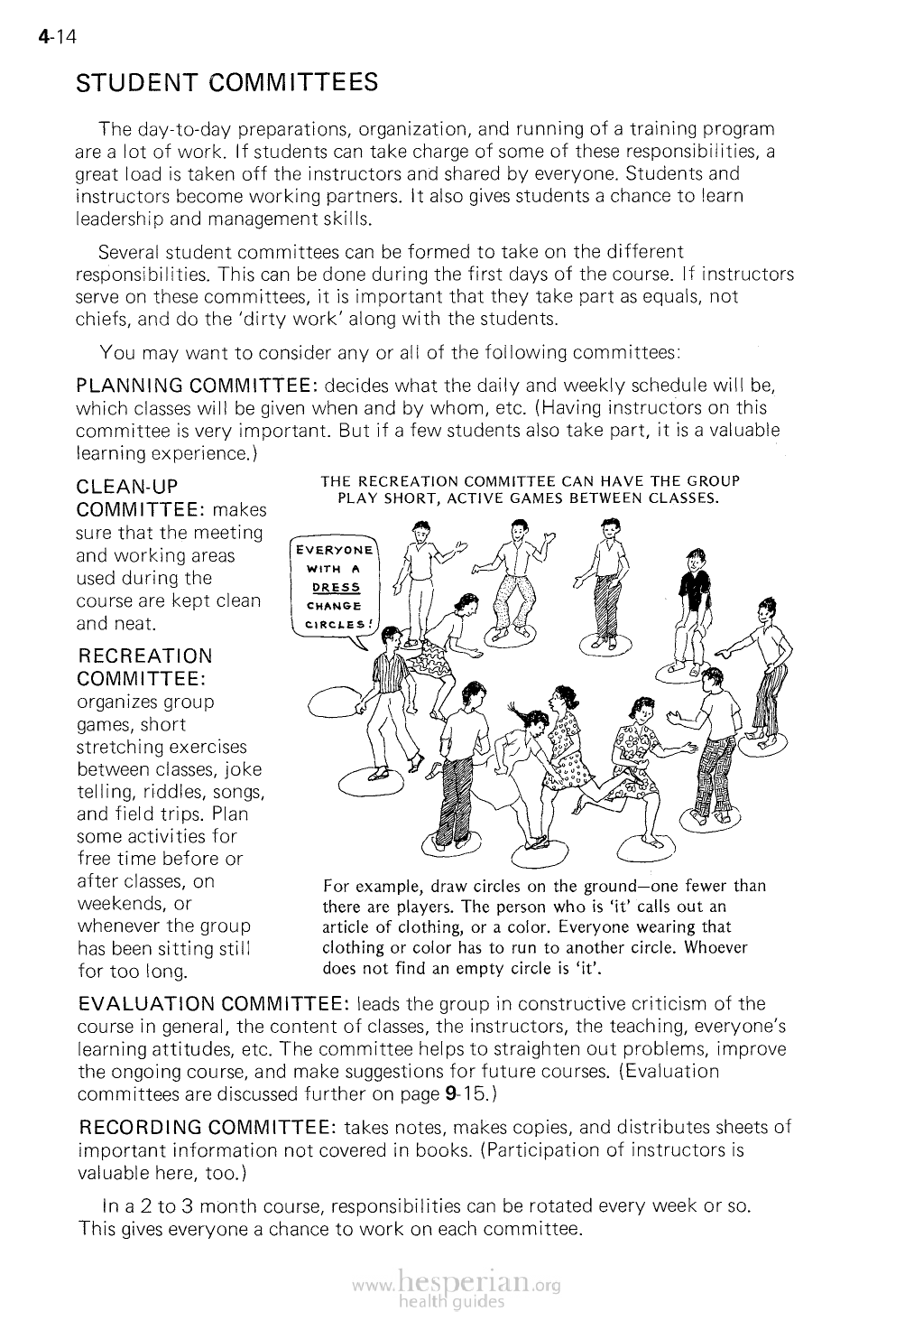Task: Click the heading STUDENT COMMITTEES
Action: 226,83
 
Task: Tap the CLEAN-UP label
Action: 127,488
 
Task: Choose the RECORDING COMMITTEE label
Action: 208,1127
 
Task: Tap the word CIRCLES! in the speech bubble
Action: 335,622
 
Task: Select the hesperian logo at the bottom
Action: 459,1288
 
